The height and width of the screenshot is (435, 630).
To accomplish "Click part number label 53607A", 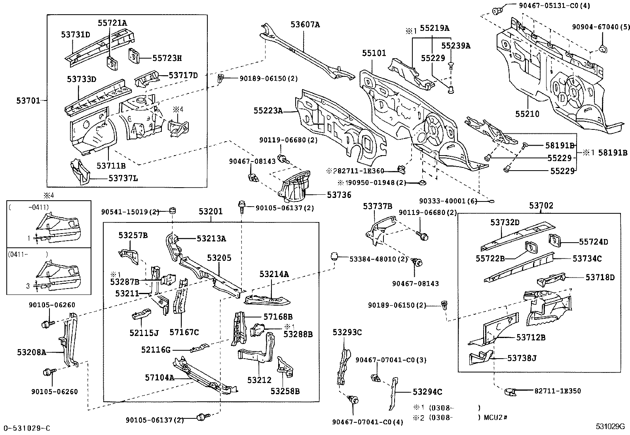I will point(305,25).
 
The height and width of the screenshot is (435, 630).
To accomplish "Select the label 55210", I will point(527,114).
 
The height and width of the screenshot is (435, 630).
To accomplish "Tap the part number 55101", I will point(374,53).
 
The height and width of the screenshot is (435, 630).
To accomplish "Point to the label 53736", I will point(339,195).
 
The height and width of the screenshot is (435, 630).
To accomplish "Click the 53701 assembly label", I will point(28,101).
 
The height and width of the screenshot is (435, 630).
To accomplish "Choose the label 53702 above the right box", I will point(541,206).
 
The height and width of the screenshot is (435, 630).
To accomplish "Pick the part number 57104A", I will point(159,378).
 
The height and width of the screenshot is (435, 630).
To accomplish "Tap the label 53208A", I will point(32,351).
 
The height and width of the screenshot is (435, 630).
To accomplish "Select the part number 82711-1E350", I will point(558,391).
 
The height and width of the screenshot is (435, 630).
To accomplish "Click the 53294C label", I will point(427,392).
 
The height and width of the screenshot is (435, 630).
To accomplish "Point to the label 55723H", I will point(167,58).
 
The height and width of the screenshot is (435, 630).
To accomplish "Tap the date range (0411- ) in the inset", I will point(28,255).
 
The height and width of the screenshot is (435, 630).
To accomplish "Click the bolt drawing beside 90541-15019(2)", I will point(173,210).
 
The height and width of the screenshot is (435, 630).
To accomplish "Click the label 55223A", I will point(268,111).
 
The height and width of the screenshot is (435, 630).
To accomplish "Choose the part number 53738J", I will point(522,358).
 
